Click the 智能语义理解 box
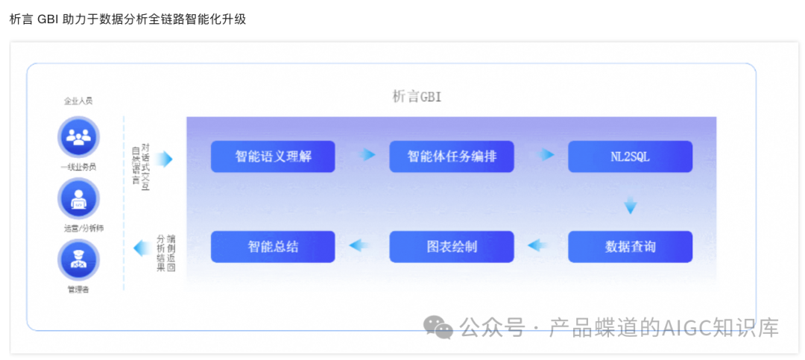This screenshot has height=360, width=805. coord(273,157)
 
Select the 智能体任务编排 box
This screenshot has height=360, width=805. coord(452,157)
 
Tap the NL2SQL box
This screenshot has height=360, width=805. coord(630,157)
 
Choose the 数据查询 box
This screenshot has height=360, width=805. coord(630,247)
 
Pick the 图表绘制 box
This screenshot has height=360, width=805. coord(452,247)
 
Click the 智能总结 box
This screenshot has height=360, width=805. coord(273,247)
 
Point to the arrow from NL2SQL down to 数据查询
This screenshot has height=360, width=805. coord(631,205)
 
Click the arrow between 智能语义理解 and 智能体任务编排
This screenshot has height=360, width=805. coord(365,156)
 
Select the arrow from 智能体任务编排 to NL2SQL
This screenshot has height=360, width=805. coord(547,155)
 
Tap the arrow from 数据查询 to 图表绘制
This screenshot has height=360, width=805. coord(538,245)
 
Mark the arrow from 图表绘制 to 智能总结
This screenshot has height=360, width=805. coord(359,245)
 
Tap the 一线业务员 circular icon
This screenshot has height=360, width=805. coord(78,137)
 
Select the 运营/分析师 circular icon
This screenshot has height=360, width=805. coord(78,199)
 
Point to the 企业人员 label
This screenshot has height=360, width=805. coord(78,101)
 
